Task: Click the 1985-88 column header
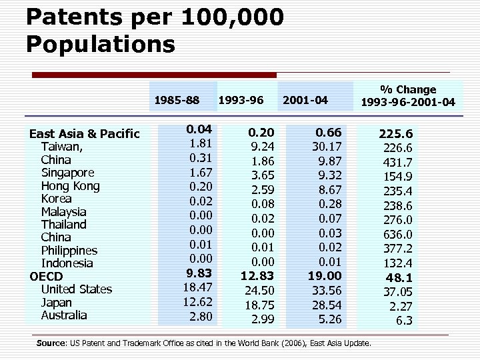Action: tap(177, 101)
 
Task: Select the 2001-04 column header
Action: tap(305, 101)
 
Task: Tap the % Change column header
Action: tap(408, 95)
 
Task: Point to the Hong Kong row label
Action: tap(70, 186)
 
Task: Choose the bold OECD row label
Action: tap(46, 276)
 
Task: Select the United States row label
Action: tap(76, 289)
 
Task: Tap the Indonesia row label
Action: tap(67, 263)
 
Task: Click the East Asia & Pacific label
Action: tap(84, 134)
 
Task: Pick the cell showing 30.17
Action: tap(327, 146)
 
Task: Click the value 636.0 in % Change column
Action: tap(399, 235)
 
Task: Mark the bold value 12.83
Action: tap(257, 275)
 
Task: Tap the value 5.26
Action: tap(329, 319)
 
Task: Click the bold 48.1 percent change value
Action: tap(399, 277)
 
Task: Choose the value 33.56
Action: tap(327, 290)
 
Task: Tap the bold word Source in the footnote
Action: tap(51, 343)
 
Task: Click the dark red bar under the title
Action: tap(154, 75)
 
